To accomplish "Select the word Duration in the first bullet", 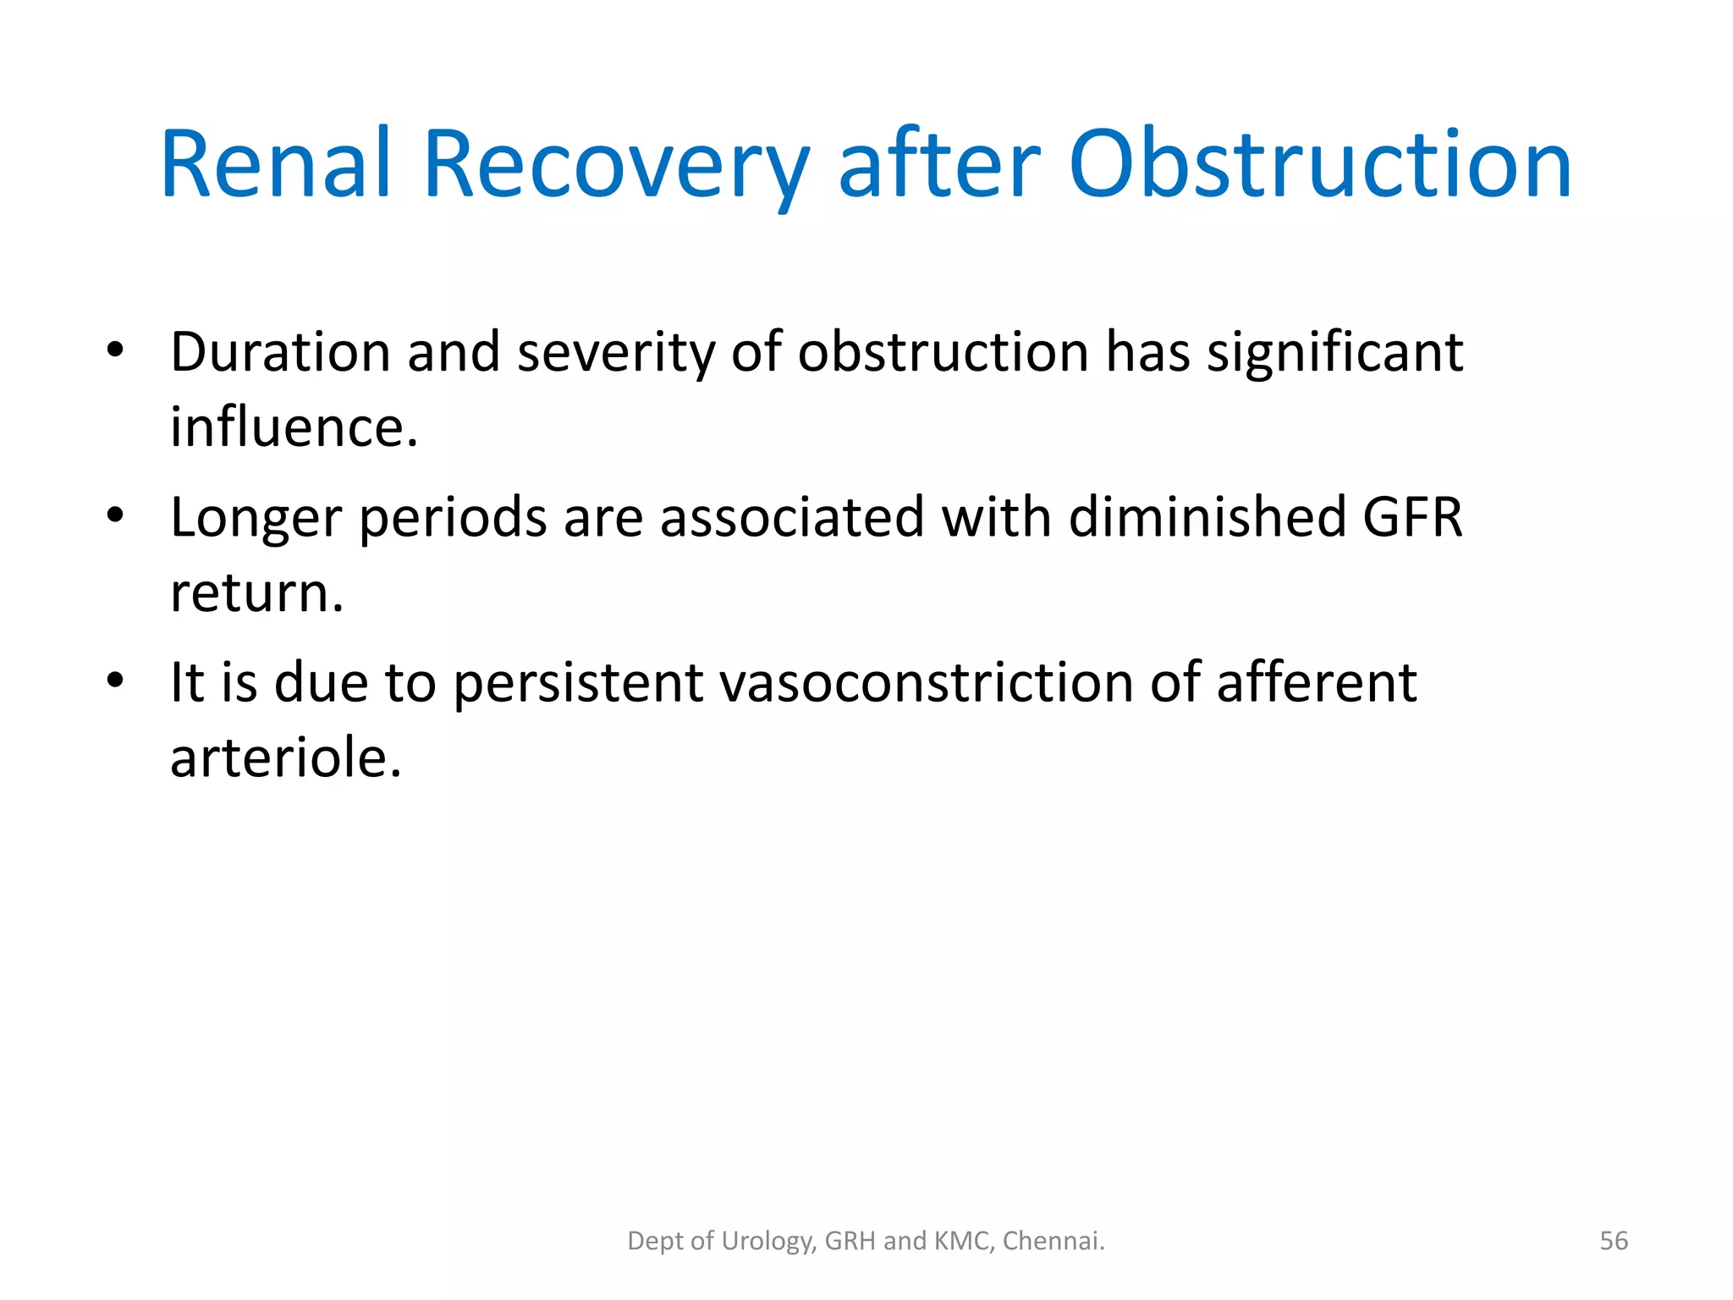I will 280,351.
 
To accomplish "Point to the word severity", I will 615,351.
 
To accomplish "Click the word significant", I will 1334,351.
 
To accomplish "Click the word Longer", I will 256,517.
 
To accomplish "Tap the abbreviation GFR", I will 1412,517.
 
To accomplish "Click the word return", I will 256,592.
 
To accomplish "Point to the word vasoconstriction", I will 926,682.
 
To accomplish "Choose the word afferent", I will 1316,682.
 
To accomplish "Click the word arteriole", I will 285,757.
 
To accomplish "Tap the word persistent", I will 578,682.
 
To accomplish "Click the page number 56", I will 1614,1241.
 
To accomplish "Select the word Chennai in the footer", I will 1054,1241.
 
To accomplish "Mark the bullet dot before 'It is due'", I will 116,680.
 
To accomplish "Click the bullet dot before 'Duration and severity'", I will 116,350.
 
